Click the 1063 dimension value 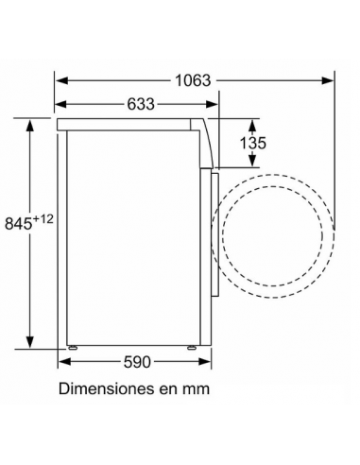(193, 80)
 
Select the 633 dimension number (139, 105)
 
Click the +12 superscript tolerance (44, 218)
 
